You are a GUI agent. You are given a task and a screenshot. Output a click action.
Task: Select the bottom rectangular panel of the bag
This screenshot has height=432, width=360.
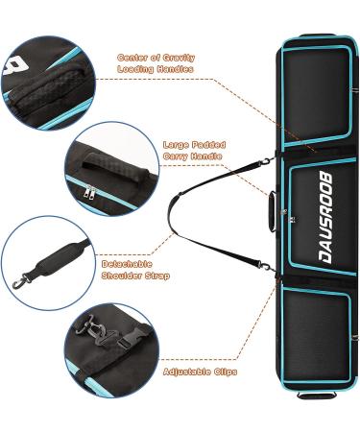[x=317, y=336]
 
